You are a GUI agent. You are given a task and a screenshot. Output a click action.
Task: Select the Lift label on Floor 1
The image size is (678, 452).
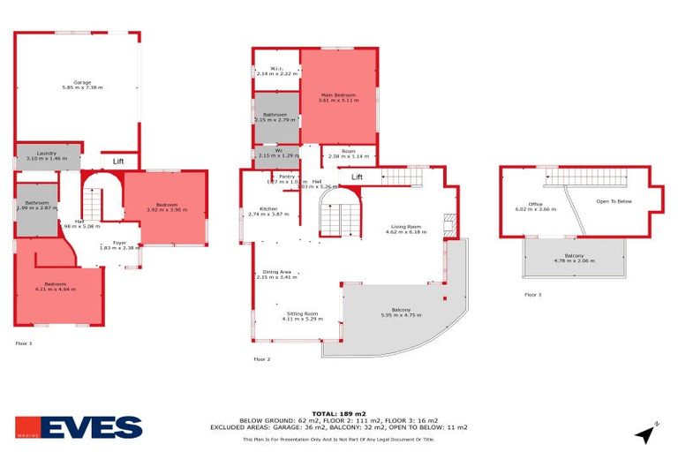tap(118, 162)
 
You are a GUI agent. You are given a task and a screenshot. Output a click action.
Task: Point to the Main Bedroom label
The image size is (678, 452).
tap(338, 97)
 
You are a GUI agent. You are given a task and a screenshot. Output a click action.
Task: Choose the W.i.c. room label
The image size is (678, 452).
tap(275, 71)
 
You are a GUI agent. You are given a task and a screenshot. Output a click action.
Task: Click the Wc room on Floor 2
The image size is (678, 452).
tap(276, 153)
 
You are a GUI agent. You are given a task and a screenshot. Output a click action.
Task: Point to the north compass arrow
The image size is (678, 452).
tap(646, 433)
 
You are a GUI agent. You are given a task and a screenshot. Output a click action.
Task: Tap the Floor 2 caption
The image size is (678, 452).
tap(262, 359)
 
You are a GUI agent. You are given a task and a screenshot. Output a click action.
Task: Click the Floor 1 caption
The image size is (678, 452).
tap(24, 343)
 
